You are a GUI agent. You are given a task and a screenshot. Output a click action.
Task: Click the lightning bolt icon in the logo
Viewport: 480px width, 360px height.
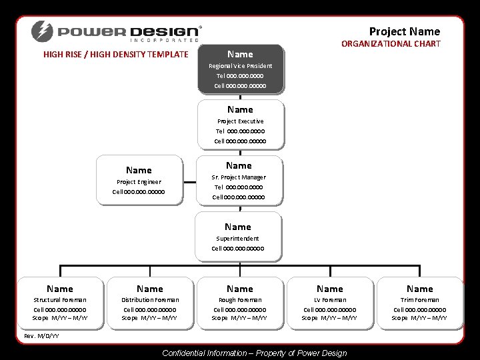41,31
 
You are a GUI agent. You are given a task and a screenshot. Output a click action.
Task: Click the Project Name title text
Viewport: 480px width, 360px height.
405,31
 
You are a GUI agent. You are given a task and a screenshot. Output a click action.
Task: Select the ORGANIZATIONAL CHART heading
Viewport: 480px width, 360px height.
391,44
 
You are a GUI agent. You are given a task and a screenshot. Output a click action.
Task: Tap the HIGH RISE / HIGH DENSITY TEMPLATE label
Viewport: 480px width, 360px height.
116,55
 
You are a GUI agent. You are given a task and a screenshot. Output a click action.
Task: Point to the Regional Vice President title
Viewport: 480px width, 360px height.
240,66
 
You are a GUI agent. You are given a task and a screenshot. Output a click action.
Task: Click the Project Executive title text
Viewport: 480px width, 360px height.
240,121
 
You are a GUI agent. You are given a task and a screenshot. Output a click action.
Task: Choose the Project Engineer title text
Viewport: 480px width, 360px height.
139,182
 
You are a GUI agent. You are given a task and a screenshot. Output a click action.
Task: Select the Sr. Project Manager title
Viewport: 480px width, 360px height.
239,177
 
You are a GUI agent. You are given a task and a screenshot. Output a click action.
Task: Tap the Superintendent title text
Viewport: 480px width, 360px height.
238,238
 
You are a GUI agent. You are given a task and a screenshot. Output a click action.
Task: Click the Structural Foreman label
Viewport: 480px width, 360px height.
60,300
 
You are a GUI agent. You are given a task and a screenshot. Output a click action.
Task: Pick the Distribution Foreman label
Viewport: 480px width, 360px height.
149,300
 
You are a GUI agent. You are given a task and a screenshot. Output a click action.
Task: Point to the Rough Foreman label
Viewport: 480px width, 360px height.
240,300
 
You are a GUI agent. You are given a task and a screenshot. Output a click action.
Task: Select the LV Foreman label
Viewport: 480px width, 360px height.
330,300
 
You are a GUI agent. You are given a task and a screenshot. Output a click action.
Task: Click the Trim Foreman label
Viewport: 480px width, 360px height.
419,300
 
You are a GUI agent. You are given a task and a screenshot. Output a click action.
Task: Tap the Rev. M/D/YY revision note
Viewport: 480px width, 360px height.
41,335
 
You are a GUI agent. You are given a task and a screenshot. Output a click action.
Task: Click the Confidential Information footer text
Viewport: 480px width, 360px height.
254,353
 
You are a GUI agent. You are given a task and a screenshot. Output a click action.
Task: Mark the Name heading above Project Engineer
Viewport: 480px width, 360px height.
139,171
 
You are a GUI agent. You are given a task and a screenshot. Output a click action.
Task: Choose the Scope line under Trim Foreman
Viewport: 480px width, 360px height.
419,318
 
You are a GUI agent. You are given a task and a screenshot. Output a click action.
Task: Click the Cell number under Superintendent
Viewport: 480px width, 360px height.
238,249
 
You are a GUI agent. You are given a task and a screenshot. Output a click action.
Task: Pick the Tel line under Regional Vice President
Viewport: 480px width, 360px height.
240,76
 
